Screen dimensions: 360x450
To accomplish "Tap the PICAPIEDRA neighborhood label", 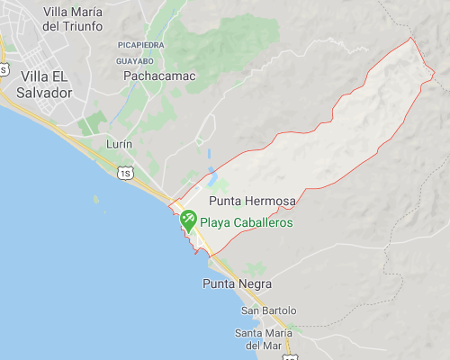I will click(140, 43).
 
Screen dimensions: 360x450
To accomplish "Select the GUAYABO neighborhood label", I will click(134, 60).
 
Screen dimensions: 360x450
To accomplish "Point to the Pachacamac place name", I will click(159, 76).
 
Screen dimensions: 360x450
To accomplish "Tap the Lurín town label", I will click(119, 144).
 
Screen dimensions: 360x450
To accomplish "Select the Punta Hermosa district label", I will click(245, 201).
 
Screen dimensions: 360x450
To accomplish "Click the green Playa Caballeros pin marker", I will click(189, 219).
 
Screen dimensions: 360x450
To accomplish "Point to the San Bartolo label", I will click(268, 310).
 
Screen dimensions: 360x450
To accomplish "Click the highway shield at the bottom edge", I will click(289, 356).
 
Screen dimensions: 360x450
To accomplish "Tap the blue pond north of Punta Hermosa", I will click(211, 170).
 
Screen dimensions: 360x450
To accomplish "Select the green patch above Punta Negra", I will click(255, 267).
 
